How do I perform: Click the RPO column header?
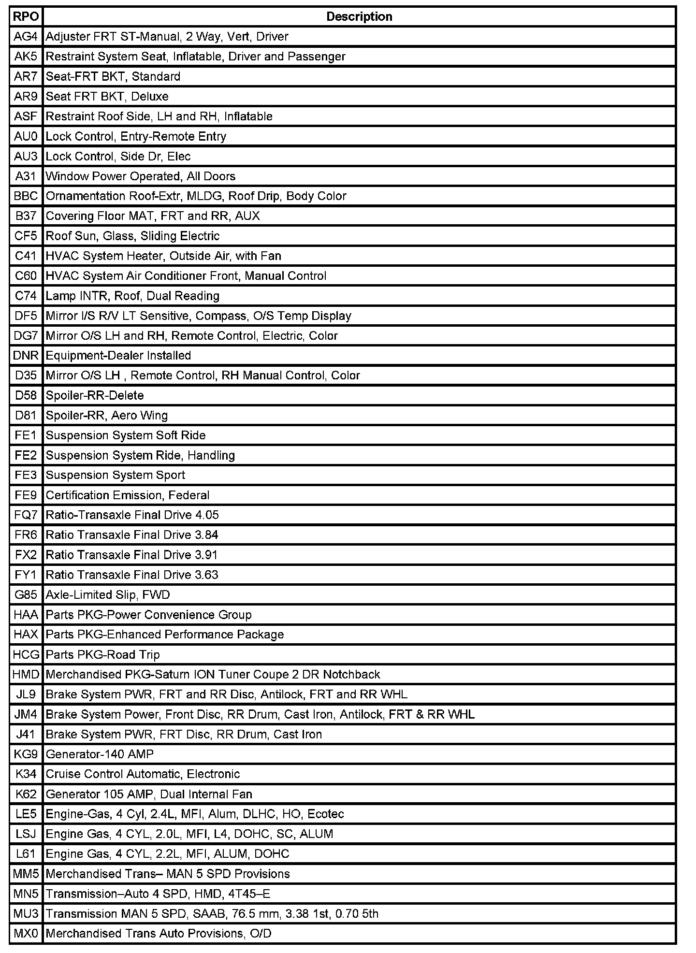click(26, 17)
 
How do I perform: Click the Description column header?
click(359, 17)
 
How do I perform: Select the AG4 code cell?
click(26, 37)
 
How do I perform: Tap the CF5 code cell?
click(26, 236)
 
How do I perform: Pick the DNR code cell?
click(26, 356)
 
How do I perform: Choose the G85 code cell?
click(26, 595)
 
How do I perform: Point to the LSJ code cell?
click(26, 834)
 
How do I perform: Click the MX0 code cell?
click(26, 933)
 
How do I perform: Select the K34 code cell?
click(26, 774)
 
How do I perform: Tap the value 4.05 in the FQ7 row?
click(207, 515)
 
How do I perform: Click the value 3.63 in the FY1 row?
click(206, 575)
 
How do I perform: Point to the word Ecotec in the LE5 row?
click(325, 814)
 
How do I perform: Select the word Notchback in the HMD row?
click(351, 675)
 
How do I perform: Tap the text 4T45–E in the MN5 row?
click(251, 894)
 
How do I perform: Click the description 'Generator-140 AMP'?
click(100, 754)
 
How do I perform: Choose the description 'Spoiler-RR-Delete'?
click(95, 396)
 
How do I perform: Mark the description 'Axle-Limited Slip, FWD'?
click(108, 595)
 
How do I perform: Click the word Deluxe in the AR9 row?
click(150, 97)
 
